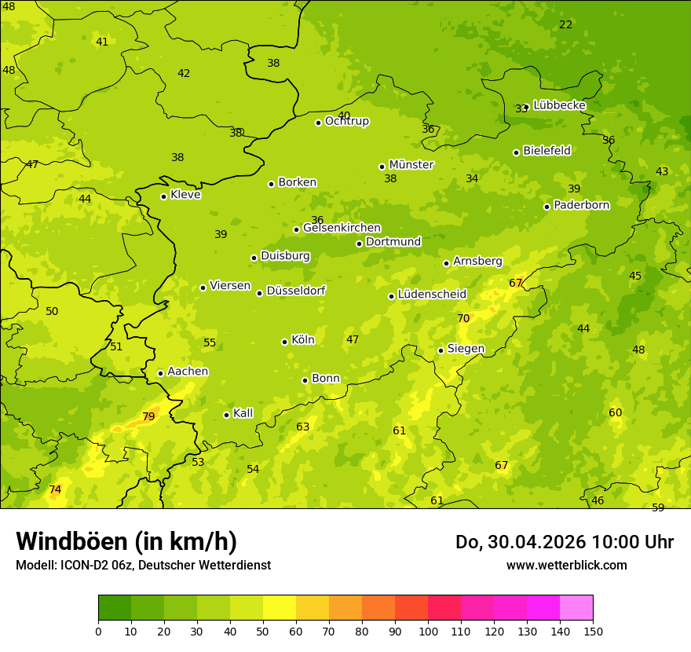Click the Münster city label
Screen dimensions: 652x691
coord(411,165)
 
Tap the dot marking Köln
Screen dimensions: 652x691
coord(284,342)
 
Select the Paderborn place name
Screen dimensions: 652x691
coord(581,205)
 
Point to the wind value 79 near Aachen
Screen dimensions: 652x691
coord(148,416)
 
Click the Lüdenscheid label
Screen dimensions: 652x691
coord(432,295)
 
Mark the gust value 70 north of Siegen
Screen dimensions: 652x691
coord(463,318)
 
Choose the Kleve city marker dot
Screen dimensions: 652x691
coord(163,196)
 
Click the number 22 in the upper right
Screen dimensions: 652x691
coord(565,24)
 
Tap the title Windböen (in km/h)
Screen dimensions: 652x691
coord(126,541)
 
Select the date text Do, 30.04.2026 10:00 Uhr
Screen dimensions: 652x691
coord(564,542)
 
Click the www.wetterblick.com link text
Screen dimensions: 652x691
coord(566,566)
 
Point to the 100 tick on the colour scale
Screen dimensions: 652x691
coord(428,631)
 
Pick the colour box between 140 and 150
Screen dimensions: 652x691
coord(576,608)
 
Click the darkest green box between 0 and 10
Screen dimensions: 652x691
coord(115,608)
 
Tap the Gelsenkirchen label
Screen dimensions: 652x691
coord(342,228)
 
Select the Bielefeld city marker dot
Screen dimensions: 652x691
coord(516,152)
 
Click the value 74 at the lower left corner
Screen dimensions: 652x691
coord(55,489)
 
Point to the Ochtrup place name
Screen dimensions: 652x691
coord(346,121)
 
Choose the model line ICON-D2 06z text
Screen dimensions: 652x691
coord(143,566)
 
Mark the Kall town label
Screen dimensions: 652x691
coord(243,413)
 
